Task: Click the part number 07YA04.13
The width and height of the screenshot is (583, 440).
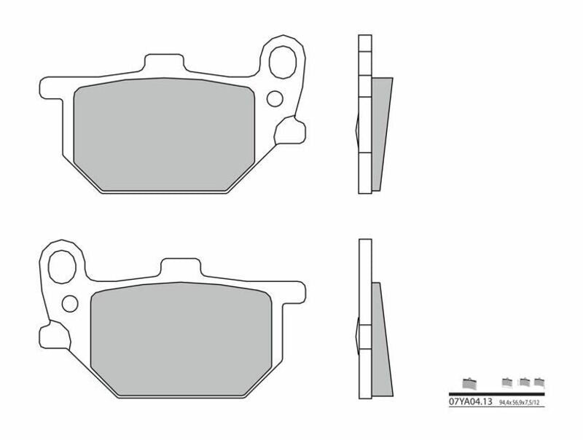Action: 471,401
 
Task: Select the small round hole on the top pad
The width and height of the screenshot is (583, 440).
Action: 275,98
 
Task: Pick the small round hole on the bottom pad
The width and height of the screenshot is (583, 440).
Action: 70,300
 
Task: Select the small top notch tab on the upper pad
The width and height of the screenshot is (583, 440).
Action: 168,60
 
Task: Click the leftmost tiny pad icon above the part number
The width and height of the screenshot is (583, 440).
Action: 469,383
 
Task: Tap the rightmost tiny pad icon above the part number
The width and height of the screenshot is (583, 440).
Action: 539,382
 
